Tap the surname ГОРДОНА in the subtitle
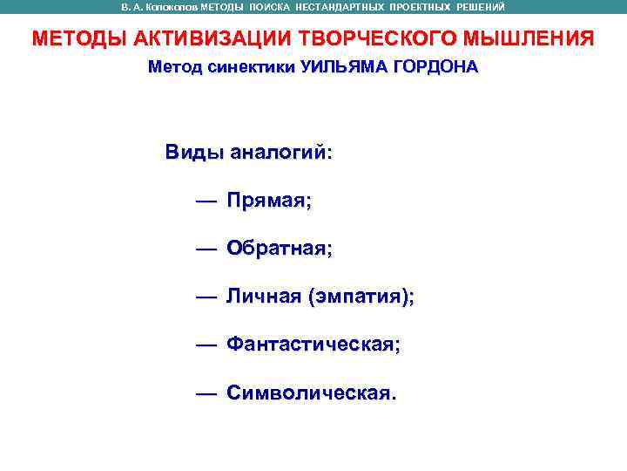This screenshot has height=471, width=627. click(435, 67)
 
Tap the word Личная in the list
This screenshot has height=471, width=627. click(263, 297)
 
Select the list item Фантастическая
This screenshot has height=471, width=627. click(313, 345)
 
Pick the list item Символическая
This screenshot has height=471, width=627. click(311, 393)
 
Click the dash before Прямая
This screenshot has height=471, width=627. click(206, 201)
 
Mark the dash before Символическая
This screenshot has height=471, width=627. click(206, 393)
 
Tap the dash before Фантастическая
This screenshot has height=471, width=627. click(206, 345)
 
